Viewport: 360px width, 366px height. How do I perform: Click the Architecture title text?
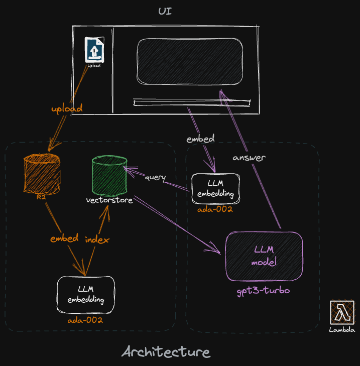click(x=166, y=351)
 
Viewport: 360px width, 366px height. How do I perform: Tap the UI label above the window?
click(x=165, y=11)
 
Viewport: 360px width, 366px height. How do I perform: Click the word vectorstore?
click(x=109, y=201)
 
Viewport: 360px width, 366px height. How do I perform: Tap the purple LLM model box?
click(x=264, y=256)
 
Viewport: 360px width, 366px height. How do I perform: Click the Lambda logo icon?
click(x=342, y=312)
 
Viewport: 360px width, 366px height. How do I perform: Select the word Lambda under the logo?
click(x=342, y=330)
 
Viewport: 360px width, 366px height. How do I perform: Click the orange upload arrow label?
click(x=66, y=108)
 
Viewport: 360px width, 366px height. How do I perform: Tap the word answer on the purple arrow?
click(x=249, y=158)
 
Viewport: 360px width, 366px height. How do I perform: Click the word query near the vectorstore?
click(x=155, y=178)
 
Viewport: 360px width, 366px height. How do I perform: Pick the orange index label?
click(x=97, y=239)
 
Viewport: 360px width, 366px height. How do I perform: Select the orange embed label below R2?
click(x=64, y=238)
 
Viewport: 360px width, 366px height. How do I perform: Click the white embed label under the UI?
click(x=200, y=139)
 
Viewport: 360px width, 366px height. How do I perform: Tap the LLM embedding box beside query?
click(x=215, y=189)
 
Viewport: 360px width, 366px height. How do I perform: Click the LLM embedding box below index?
click(x=85, y=295)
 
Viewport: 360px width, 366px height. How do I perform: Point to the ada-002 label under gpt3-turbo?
click(x=85, y=320)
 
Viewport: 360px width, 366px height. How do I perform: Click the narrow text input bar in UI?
click(x=191, y=103)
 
